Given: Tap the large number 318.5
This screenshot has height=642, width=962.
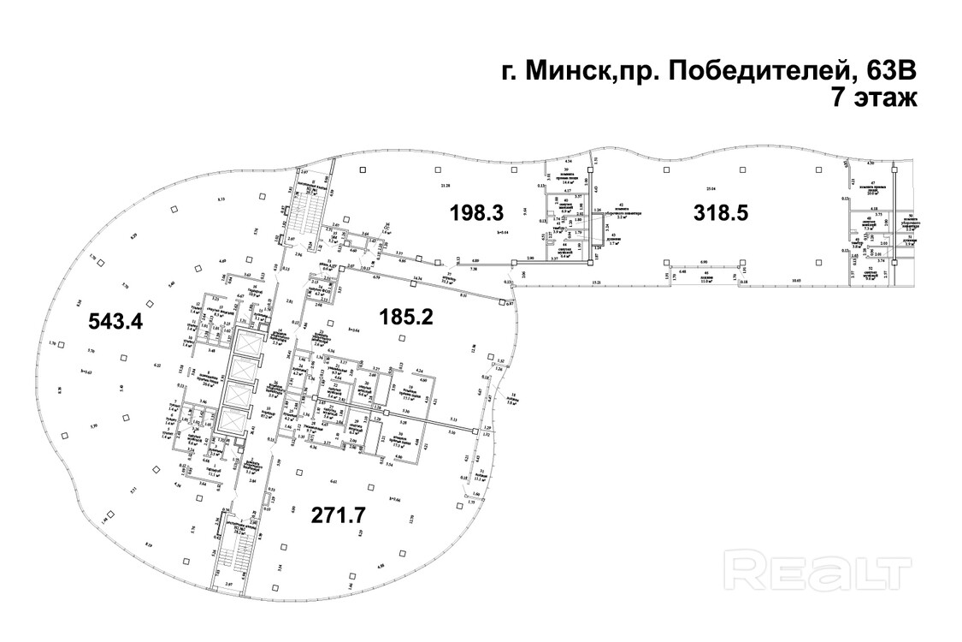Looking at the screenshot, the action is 721,212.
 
